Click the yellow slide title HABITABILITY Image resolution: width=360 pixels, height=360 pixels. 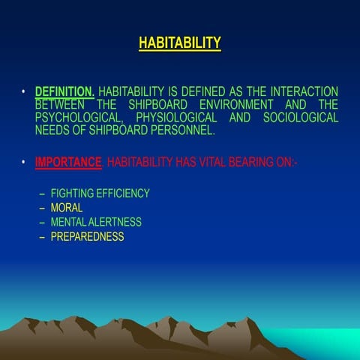tap(180, 43)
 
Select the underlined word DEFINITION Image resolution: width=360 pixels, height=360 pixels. tap(64, 91)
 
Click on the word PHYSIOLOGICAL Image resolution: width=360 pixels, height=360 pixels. tap(179, 117)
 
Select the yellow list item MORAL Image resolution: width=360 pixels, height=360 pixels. tap(67, 208)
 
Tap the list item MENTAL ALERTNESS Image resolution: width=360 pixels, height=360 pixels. tap(96, 222)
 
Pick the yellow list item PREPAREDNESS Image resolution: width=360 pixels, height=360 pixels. tap(87, 236)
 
